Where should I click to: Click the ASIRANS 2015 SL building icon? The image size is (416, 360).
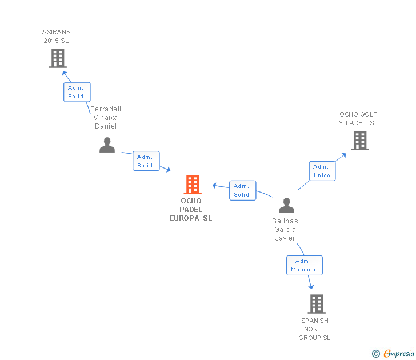pos(57,58)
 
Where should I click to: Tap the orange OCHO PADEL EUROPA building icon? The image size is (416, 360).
pos(193,185)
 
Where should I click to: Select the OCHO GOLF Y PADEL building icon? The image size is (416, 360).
pos(359,141)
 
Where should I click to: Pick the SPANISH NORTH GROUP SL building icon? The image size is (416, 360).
pos(317,304)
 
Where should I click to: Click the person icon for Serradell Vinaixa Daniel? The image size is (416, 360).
pos(107,145)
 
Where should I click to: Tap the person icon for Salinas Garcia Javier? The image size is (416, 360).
pos(286,206)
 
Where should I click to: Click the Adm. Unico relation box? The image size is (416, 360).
pos(322,171)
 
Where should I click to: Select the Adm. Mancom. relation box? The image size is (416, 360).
pos(305,265)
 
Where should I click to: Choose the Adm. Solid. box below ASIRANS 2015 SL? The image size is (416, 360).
pos(77,92)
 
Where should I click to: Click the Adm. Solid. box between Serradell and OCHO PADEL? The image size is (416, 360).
pos(146,161)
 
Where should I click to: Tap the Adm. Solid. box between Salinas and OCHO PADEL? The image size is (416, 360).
pos(242,190)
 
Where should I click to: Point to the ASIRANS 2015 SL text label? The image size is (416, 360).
pos(57,37)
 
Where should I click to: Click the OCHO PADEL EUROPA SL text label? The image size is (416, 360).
pos(191,210)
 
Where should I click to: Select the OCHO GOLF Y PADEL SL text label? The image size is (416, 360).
pos(358,119)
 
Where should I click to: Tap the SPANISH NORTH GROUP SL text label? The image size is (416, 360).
pos(315,329)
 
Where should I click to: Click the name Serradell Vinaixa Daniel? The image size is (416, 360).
pos(106,118)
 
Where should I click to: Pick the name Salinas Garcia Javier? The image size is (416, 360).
pos(285,230)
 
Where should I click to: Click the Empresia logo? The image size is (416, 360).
pos(398,354)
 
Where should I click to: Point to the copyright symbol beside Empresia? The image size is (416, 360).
pos(376,354)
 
